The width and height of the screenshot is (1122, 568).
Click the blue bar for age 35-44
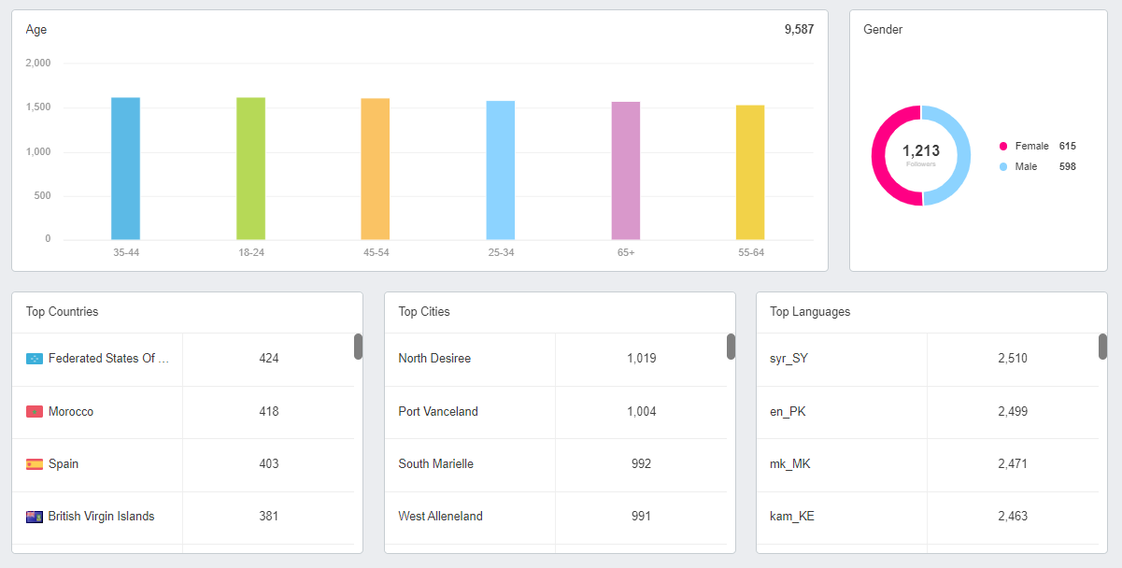tap(125, 169)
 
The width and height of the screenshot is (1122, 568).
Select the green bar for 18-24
tap(250, 169)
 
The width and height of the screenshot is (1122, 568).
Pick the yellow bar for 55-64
tap(750, 173)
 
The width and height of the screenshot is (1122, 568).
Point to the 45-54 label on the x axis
tap(376, 253)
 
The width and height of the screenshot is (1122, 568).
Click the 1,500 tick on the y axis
tap(37, 107)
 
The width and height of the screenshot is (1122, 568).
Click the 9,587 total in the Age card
tap(799, 30)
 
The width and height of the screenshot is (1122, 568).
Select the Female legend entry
tap(1031, 146)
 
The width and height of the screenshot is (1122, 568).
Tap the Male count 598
tap(1067, 166)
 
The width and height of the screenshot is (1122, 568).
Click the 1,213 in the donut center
tap(920, 151)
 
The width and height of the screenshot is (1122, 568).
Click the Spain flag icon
tap(35, 464)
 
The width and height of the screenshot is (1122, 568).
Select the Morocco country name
tap(71, 412)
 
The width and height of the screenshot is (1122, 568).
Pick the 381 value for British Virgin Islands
tap(269, 517)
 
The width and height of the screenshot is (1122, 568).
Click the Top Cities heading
tap(424, 312)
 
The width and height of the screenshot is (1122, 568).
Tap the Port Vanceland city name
tap(438, 412)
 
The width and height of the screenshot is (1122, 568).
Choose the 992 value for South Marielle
tap(641, 464)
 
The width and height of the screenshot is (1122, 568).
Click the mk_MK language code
tap(790, 464)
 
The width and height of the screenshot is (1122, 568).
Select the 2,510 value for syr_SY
tap(1013, 359)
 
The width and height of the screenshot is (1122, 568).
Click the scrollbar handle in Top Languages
tap(1102, 347)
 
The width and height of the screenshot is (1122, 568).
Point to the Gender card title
tap(883, 30)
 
